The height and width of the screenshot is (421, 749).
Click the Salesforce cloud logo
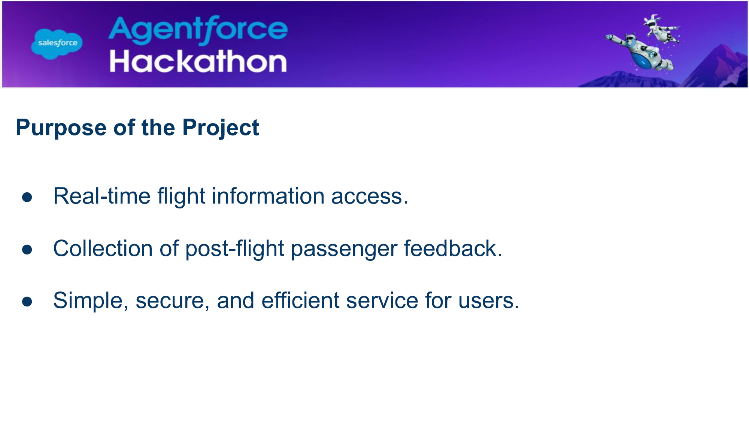[x=57, y=44]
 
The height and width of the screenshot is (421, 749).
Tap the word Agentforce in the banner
[x=198, y=30]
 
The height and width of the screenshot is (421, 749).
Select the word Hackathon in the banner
[x=198, y=61]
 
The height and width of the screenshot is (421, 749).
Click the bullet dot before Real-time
[x=27, y=197]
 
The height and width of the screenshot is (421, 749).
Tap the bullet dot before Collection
[x=27, y=249]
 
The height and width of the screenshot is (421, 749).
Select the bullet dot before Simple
[x=27, y=301]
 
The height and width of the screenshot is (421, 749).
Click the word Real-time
[x=102, y=196]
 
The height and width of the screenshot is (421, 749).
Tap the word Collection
[x=103, y=248]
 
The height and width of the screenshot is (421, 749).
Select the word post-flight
[x=235, y=249]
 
